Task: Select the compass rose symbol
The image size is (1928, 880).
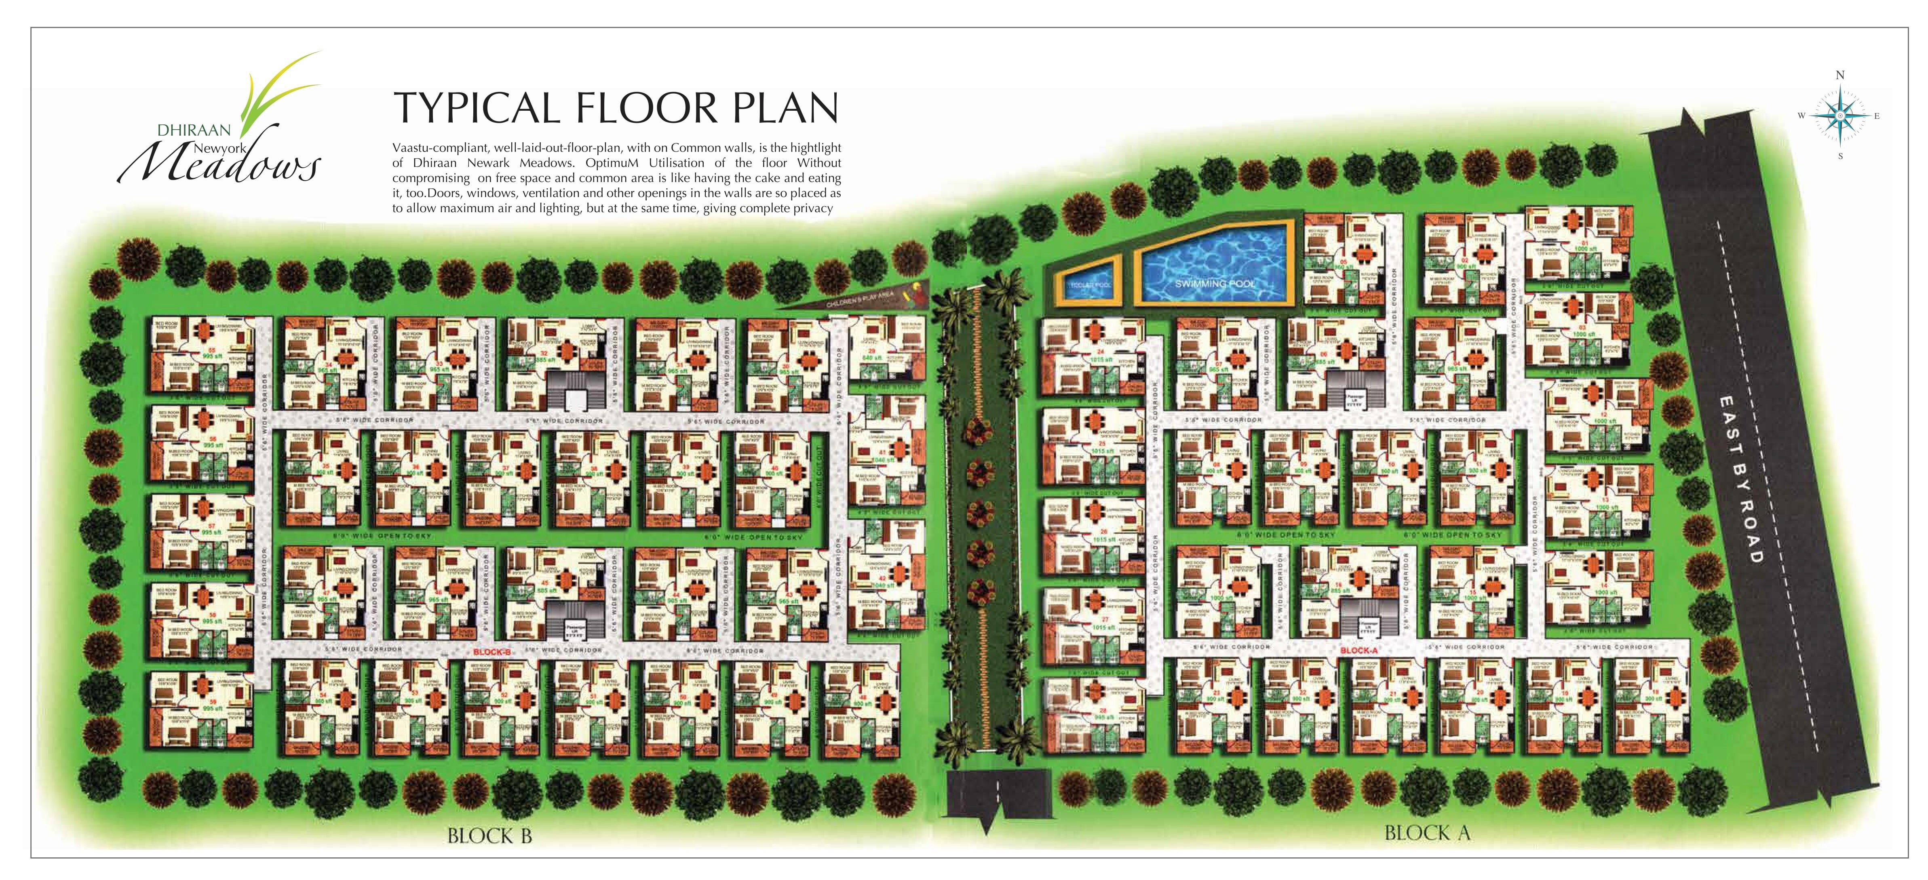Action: (x=1839, y=116)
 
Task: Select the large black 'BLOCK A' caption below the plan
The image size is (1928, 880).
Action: (x=1426, y=832)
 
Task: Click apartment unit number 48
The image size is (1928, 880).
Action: (x=860, y=707)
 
